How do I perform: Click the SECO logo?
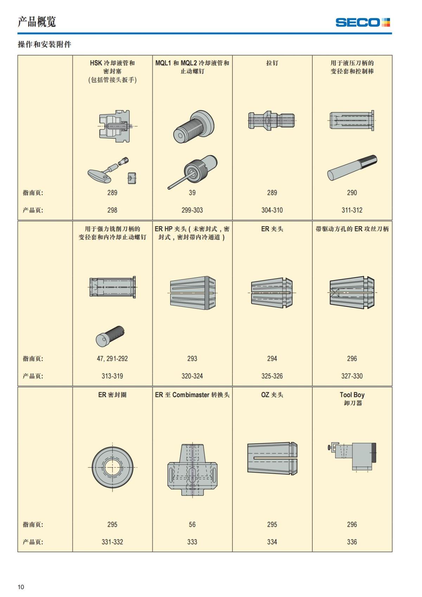(363, 23)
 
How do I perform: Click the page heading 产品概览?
(37, 22)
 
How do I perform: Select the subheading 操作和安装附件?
(44, 44)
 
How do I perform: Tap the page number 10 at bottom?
(21, 587)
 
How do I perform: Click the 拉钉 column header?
(272, 63)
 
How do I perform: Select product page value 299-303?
(192, 210)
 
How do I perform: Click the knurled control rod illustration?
(352, 168)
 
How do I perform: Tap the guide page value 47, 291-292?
(112, 358)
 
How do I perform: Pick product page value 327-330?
(352, 376)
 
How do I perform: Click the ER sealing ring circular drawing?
(113, 467)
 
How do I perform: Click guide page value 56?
(192, 525)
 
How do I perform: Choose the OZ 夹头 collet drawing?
(272, 458)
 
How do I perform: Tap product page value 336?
(352, 542)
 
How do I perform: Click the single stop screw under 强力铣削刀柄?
(110, 336)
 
